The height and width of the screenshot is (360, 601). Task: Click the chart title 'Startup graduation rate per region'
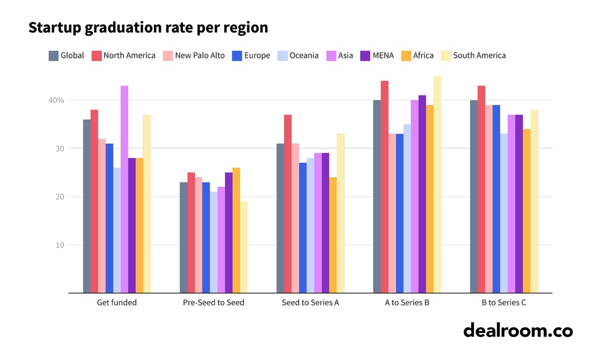pyautogui.click(x=148, y=28)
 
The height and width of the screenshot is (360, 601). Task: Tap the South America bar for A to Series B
pyautogui.click(x=437, y=185)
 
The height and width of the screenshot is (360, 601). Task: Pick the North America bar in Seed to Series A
pyautogui.click(x=288, y=204)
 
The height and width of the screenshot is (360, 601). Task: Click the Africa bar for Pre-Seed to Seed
pyautogui.click(x=236, y=231)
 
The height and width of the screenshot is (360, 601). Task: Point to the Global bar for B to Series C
pyautogui.click(x=474, y=196)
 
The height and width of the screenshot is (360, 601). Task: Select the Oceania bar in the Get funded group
pyautogui.click(x=117, y=231)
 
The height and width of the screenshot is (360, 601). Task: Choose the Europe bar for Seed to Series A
pyautogui.click(x=303, y=228)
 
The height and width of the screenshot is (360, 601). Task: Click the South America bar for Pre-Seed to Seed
pyautogui.click(x=244, y=247)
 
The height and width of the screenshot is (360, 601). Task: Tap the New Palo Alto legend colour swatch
pyautogui.click(x=166, y=55)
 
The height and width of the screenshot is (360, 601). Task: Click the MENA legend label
pyautogui.click(x=383, y=55)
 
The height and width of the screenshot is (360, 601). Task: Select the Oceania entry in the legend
pyautogui.click(x=304, y=55)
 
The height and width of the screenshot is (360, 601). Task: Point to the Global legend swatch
pyautogui.click(x=54, y=55)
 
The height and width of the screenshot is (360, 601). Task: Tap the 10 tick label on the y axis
pyautogui.click(x=60, y=245)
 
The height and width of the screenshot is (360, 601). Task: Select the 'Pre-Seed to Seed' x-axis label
pyautogui.click(x=214, y=303)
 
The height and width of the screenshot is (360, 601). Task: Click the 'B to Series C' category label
pyautogui.click(x=504, y=303)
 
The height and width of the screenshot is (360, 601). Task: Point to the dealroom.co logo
pyautogui.click(x=518, y=330)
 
